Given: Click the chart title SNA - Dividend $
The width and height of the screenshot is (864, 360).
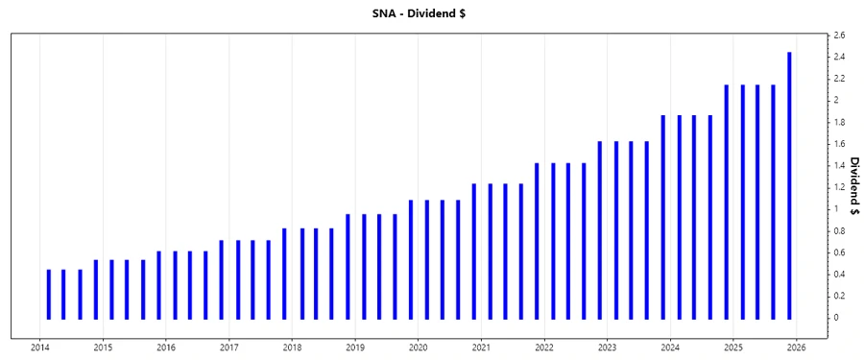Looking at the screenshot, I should (431, 12).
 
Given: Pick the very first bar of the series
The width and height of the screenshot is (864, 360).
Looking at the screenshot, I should (49, 294).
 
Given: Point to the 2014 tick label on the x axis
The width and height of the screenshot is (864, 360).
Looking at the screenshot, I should (40, 347).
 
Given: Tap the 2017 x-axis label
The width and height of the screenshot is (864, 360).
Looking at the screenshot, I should (228, 347).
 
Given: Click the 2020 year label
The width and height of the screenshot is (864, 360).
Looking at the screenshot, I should (418, 347).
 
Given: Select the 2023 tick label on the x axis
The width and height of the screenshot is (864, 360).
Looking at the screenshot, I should (607, 347).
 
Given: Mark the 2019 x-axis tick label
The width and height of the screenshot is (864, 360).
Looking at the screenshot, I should (354, 347).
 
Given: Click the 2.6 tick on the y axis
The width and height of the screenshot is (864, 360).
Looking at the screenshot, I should (838, 36).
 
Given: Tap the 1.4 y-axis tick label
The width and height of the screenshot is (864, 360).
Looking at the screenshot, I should (838, 166).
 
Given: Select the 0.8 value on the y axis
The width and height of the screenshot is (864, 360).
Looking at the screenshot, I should (838, 231).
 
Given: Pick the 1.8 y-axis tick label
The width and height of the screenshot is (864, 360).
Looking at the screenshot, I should (838, 122).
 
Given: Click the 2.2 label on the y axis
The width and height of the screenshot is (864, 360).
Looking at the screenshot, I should (838, 79).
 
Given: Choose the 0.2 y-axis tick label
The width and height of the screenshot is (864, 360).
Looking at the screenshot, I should (838, 296).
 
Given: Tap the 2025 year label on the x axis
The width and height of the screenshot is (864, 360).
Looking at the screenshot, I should (732, 347).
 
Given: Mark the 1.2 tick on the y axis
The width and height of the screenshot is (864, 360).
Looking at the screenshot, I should (838, 187).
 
